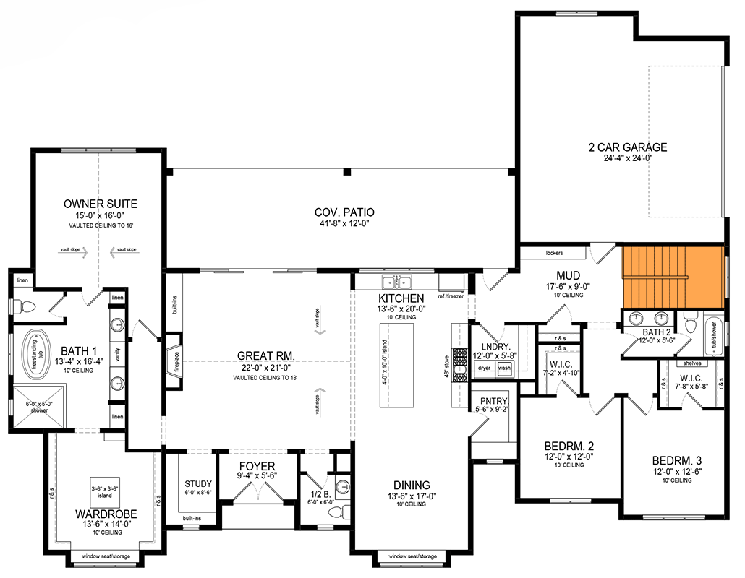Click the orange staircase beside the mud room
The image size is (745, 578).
pos(673,277)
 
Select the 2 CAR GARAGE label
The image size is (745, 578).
pos(627,147)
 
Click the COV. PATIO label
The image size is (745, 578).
pos(344,212)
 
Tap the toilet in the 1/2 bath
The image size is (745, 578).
pos(338,512)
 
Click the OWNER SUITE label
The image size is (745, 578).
pos(99,203)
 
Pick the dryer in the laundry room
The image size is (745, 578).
pos(485,368)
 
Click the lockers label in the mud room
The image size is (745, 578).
pos(554,254)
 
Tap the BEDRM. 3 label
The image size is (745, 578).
pos(675,461)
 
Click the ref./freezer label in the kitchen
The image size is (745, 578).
pos(451,296)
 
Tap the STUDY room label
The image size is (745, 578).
pos(197,484)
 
